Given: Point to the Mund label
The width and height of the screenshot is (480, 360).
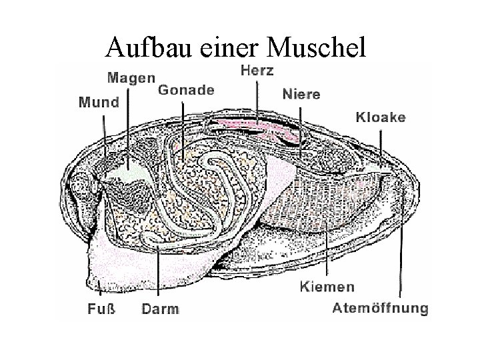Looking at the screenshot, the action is [99, 103].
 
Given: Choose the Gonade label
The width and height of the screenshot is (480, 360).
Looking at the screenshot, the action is [186, 90].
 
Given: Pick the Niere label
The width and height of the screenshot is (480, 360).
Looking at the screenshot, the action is [301, 94].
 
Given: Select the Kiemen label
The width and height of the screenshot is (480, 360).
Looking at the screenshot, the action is [327, 287].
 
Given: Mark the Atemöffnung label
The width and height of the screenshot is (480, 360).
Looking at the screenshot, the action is [380, 308].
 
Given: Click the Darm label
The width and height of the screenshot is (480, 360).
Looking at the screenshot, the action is [160, 309].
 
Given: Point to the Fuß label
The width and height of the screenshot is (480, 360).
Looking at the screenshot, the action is [101, 309].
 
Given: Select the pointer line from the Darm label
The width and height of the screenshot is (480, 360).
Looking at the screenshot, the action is [159, 273].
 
